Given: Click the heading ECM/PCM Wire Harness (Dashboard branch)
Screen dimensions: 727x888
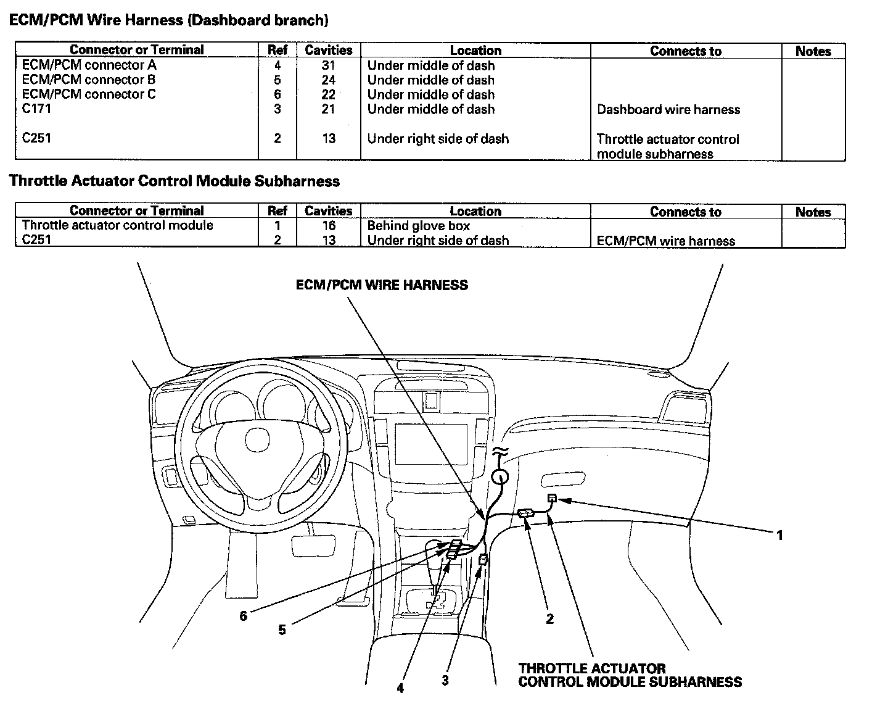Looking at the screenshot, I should point(168,20).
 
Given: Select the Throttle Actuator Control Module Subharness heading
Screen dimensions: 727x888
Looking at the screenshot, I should point(175,181).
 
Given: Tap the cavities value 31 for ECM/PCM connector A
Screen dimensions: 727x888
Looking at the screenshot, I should point(328,65).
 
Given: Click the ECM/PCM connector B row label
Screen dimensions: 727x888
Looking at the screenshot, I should point(89,80).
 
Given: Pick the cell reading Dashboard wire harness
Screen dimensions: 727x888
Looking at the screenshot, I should point(668,110).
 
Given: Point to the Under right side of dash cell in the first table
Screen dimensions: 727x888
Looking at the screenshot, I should point(438,139).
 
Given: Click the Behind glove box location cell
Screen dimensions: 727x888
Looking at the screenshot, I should point(419,226).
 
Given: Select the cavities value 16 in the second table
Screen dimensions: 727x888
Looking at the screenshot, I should point(328,226).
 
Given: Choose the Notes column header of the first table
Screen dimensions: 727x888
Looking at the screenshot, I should point(813,51).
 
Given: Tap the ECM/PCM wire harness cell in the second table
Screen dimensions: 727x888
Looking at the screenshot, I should point(666,241).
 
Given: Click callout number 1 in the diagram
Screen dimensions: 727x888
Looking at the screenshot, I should point(779,535).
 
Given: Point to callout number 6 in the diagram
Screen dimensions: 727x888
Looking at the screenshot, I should point(244,616).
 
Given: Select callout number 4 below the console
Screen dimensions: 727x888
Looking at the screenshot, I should point(400,688).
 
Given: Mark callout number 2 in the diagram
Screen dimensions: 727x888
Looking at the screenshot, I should point(549,618).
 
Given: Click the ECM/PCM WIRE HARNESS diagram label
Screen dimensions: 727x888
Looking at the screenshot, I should point(382,285).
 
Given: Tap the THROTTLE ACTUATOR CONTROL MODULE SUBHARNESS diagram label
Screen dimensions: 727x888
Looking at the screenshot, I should point(630,675).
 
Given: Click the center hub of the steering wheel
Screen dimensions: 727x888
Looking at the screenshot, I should point(257,439).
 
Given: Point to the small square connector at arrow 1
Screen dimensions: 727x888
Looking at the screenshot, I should point(552,498).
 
